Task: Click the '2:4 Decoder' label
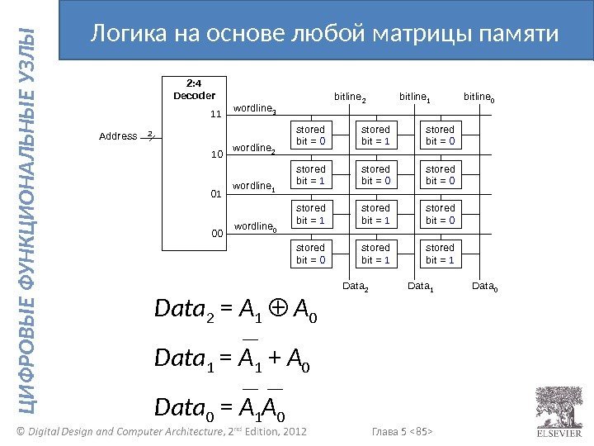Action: [194, 89]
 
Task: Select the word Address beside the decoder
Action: [118, 136]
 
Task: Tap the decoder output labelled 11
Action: [216, 114]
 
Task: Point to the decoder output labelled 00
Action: [216, 234]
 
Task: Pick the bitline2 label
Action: [350, 97]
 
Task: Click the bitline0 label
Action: [480, 97]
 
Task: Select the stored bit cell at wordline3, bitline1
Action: [375, 135]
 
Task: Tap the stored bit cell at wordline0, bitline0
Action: [440, 253]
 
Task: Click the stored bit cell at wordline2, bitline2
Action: [311, 174]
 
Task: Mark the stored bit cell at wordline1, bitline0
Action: [440, 213]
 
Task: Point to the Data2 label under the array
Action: [356, 287]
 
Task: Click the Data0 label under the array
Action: [485, 287]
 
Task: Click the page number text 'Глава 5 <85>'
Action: [403, 431]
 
